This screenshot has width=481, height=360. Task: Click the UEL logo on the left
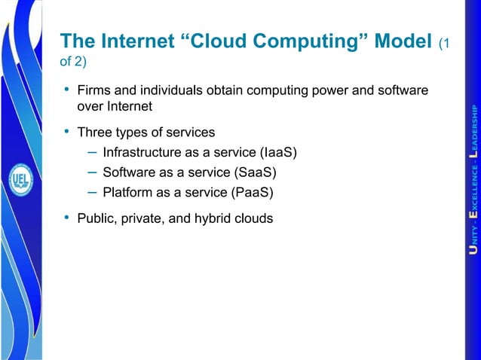pyautogui.click(x=21, y=180)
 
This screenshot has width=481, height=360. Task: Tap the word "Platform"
pyautogui.click(x=127, y=192)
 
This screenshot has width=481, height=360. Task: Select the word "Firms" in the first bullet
pyautogui.click(x=94, y=90)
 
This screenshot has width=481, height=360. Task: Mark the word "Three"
pyautogui.click(x=95, y=133)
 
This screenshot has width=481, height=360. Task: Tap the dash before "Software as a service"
pyautogui.click(x=90, y=172)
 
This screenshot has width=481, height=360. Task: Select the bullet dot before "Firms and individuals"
pyautogui.click(x=66, y=90)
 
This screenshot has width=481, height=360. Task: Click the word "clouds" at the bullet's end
pyautogui.click(x=253, y=218)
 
